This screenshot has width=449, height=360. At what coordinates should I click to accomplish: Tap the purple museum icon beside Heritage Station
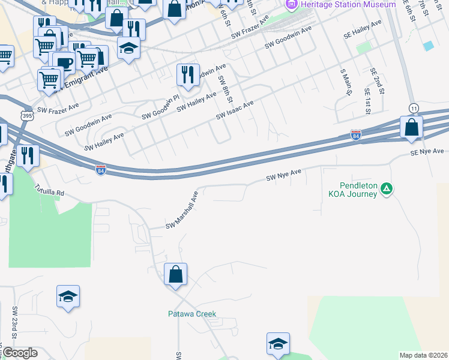[x=292, y=5]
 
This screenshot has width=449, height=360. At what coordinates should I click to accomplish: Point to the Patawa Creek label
[x=191, y=314]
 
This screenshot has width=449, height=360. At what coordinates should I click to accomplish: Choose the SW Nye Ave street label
[x=283, y=175]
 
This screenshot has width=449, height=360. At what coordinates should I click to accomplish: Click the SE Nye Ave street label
[x=427, y=152]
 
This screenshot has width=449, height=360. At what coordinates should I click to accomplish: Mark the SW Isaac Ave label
[x=235, y=110]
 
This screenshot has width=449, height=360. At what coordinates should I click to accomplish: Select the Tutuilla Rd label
[x=49, y=190]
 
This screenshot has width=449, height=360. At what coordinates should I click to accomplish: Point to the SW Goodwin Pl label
[x=160, y=106]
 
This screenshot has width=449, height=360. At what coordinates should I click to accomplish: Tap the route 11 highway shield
[x=414, y=107]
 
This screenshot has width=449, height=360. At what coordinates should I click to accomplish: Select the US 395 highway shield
[x=26, y=114]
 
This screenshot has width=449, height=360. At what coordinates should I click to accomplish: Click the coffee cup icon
[x=64, y=63]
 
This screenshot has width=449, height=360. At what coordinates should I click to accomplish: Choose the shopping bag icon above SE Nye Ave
[x=412, y=128]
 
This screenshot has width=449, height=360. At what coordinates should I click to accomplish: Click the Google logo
[x=20, y=353]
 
